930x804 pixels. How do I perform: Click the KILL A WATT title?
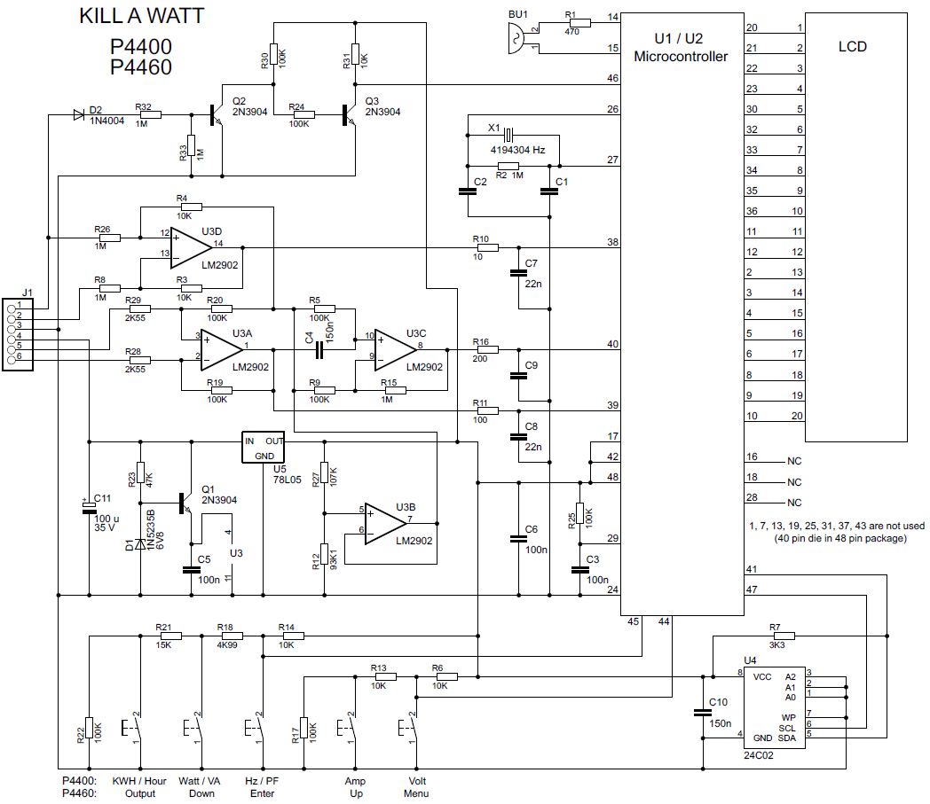coord(141,16)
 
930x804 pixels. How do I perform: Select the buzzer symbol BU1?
coord(516,38)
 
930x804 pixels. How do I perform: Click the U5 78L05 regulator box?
coord(263,448)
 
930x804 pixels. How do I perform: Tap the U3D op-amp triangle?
coord(191,246)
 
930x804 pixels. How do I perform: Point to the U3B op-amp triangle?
coord(385,524)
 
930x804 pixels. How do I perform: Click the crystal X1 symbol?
coord(508,134)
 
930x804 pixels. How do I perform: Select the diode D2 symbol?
coord(79,115)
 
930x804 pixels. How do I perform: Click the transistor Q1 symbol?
coord(185,503)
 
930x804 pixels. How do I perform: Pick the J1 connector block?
coord(17,335)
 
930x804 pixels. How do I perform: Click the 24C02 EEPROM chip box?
coord(775,706)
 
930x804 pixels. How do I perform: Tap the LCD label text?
coord(852,47)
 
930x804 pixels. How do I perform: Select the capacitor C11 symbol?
coord(89,507)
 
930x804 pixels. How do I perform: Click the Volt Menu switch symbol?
coord(409,727)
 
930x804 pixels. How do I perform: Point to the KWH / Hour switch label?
coord(139,781)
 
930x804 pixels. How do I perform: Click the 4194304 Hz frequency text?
coord(517,150)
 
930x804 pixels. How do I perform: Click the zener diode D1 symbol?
coord(140,544)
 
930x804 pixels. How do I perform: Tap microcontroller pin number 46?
coord(612,78)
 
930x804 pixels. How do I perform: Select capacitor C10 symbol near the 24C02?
coord(703,713)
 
